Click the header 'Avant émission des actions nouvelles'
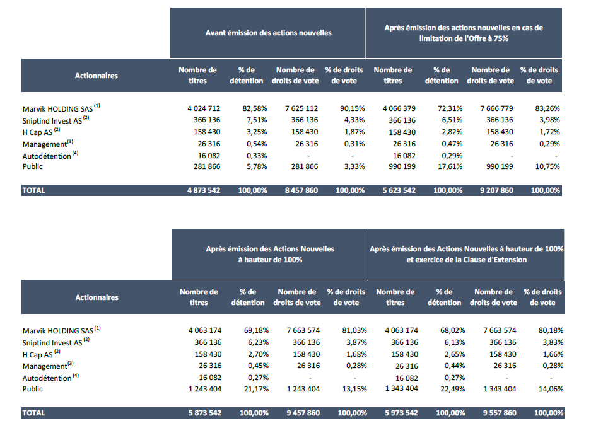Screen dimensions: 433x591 [268, 33]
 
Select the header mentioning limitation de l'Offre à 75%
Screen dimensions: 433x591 [464, 33]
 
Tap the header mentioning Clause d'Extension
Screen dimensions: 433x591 [467, 254]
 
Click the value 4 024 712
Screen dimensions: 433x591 [204, 108]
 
